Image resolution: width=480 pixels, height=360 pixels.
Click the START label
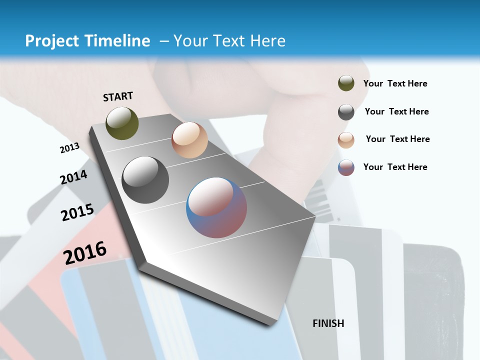pos(118,96)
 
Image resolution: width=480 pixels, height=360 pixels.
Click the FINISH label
pos(328,323)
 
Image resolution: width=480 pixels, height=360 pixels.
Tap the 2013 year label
pos(69,148)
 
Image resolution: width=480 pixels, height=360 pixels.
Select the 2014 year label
pos(73,177)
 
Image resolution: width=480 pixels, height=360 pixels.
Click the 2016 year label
pos(85,252)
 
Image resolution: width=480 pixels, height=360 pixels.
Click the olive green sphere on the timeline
pos(122,123)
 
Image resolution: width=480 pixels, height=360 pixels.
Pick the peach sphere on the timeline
pos(189,140)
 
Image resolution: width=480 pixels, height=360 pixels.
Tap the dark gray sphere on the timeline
pos(145,179)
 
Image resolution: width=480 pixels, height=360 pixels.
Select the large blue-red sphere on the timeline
pos(216,207)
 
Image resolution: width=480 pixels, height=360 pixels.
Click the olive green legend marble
pos(346,83)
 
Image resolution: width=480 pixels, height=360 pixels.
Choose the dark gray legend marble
pos(346,112)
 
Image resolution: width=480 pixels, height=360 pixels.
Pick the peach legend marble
pos(346,139)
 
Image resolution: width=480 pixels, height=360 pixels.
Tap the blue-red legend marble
pos(346,167)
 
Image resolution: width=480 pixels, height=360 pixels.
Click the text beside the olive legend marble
pos(395,83)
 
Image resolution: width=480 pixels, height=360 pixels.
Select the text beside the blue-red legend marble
pos(395,167)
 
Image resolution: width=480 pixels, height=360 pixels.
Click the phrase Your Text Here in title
pos(229,41)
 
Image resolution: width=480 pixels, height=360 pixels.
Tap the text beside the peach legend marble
pos(397,139)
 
